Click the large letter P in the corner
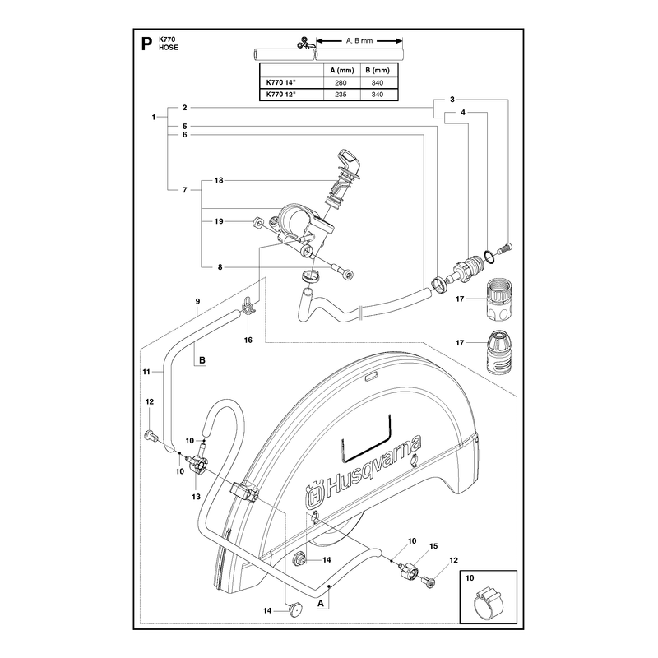146,44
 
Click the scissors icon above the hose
304,43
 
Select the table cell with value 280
341,83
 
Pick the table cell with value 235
341,95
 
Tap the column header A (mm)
342,70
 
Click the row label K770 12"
281,95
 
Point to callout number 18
219,180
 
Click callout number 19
219,221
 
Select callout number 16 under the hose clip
248,340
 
